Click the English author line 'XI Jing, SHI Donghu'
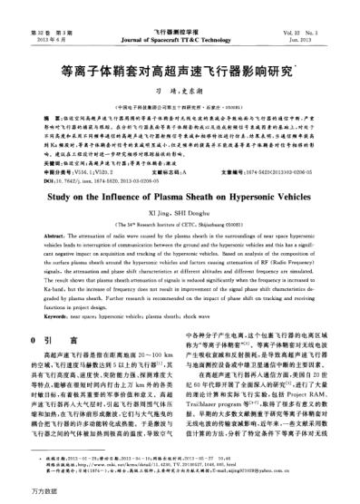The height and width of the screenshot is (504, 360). click(180, 212)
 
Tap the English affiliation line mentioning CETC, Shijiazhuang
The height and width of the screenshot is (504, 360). click(180, 223)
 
